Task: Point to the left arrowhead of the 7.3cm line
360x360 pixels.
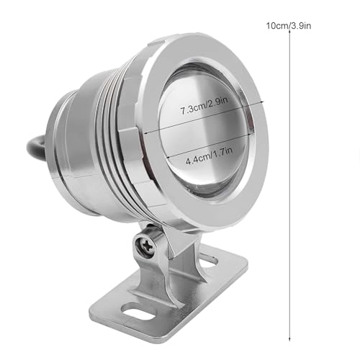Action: coord(147,132)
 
